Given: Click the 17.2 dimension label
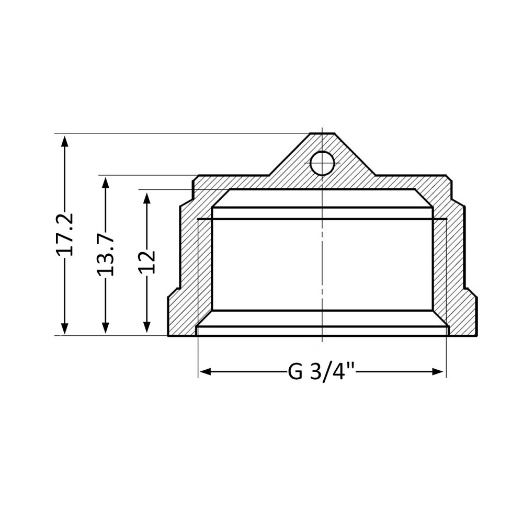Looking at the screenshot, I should [x=65, y=234].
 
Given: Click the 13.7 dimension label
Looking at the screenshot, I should [x=106, y=255].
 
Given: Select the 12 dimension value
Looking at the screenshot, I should [x=147, y=261].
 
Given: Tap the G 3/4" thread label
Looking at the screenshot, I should [x=322, y=372].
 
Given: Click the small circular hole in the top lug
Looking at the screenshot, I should [x=322, y=163].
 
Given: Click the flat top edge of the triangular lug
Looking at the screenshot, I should [x=322, y=134].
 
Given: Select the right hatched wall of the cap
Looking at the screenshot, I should [x=455, y=261].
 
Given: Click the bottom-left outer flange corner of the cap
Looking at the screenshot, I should [x=168, y=335].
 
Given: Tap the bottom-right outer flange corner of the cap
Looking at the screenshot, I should [x=476, y=335].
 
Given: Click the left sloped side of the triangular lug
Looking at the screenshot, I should [x=289, y=154].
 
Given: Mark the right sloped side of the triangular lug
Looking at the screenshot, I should [x=355, y=154].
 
